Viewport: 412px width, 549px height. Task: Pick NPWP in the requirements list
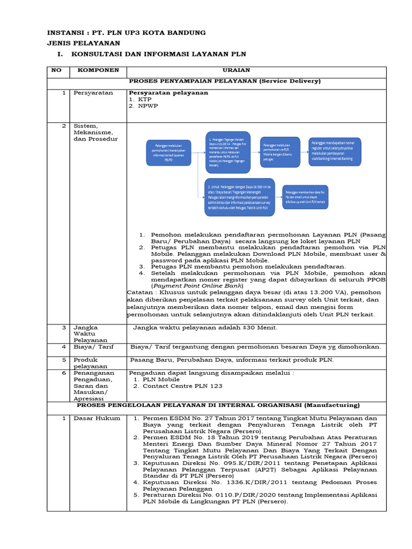148,106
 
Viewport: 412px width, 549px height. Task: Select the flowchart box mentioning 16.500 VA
239,197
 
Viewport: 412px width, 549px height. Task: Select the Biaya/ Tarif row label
94,347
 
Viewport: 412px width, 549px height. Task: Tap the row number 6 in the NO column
63,373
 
